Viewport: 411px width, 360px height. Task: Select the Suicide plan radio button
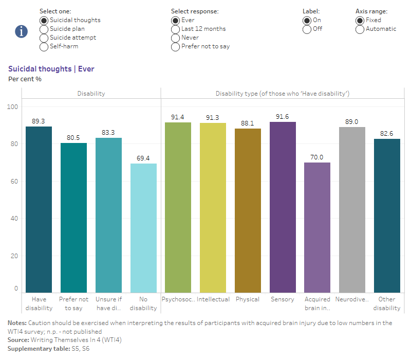[x=44, y=29]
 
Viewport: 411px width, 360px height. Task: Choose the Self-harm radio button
[x=44, y=46]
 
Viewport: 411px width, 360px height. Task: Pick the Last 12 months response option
[x=176, y=29]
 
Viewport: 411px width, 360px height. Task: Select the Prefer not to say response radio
[x=176, y=46]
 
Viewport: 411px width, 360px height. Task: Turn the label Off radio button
[x=307, y=29]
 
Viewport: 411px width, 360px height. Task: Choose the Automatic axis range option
[x=360, y=29]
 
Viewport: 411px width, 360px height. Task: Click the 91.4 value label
[x=178, y=117]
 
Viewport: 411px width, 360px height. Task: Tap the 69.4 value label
[x=143, y=158]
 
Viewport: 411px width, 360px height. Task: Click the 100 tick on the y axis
[x=12, y=107]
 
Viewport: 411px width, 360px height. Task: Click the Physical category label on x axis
[x=248, y=299]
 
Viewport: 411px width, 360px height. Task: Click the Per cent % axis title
[x=25, y=79]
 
